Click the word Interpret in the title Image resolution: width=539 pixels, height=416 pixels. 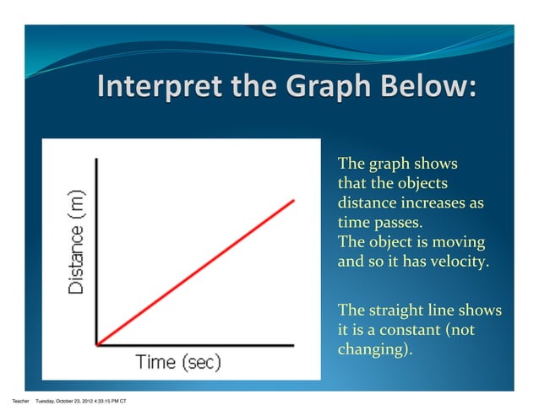click(146, 88)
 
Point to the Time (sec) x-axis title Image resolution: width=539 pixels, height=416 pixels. click(178, 363)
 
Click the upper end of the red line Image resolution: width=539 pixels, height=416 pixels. click(294, 201)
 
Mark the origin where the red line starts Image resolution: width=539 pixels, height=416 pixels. click(98, 344)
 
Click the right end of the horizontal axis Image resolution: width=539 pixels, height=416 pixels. click(293, 344)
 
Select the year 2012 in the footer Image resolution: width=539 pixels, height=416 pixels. click(90, 400)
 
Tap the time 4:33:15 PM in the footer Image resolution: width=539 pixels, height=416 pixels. click(109, 400)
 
